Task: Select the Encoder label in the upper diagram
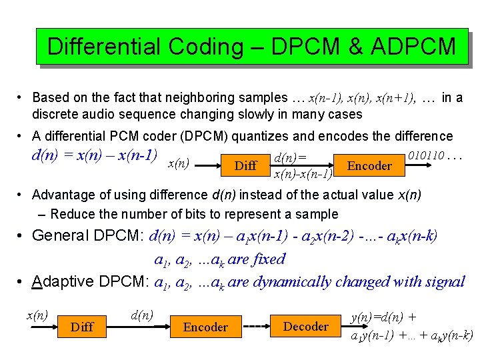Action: [x=370, y=165]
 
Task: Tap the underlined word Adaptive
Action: [x=63, y=281]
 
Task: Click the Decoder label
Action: [x=306, y=327]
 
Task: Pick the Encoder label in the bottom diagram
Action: [x=205, y=327]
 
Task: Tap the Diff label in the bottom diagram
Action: [x=81, y=327]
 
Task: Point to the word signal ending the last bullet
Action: [x=443, y=281]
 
